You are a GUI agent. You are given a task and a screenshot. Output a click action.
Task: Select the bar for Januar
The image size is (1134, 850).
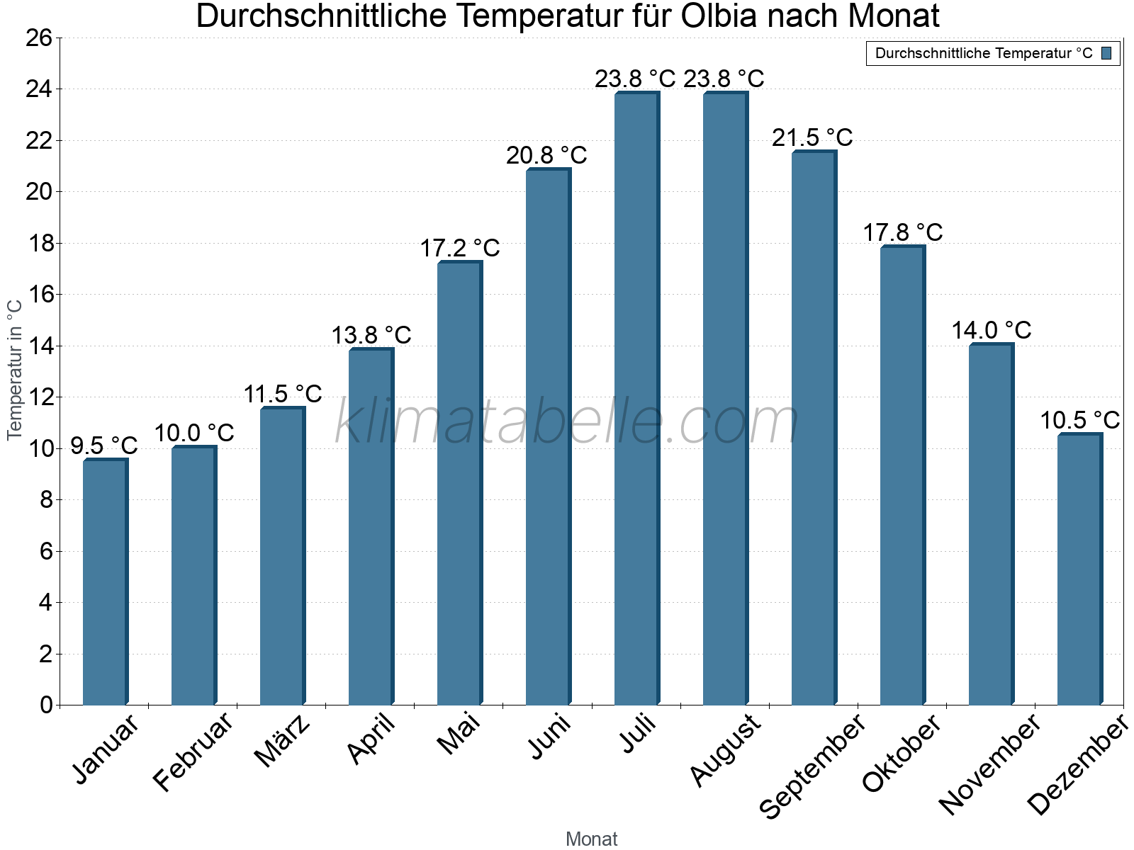coord(105,582)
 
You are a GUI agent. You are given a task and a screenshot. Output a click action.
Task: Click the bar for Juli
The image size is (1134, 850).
coord(636,399)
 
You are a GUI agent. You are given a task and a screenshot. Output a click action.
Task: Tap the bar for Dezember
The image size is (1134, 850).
coord(1079,569)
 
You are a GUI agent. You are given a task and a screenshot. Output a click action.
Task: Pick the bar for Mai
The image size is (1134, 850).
coord(459,484)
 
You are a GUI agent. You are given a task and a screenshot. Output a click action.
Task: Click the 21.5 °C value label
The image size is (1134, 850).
coord(812,137)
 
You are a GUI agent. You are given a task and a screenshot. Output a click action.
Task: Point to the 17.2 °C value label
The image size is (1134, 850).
coord(460,249)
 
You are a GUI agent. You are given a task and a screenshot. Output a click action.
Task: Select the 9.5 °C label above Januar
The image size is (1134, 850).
coord(104,446)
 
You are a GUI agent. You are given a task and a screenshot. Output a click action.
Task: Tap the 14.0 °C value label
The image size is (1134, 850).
coord(991,331)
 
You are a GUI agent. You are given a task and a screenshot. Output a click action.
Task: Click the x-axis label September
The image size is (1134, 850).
coord(812,766)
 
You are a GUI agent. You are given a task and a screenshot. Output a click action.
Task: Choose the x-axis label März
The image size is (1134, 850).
coord(282,741)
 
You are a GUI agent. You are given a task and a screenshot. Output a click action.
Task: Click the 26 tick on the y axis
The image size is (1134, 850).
coord(39,38)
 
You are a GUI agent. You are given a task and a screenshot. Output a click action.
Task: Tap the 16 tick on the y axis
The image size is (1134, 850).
coord(39,295)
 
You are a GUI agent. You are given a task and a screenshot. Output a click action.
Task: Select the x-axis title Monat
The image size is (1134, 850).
coord(592,839)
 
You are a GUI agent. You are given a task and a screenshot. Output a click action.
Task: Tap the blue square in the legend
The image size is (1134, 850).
coord(1106,53)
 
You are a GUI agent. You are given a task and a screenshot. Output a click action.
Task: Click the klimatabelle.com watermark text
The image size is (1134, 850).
coord(567,423)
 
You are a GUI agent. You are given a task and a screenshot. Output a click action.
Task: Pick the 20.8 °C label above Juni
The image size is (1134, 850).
coord(546,156)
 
